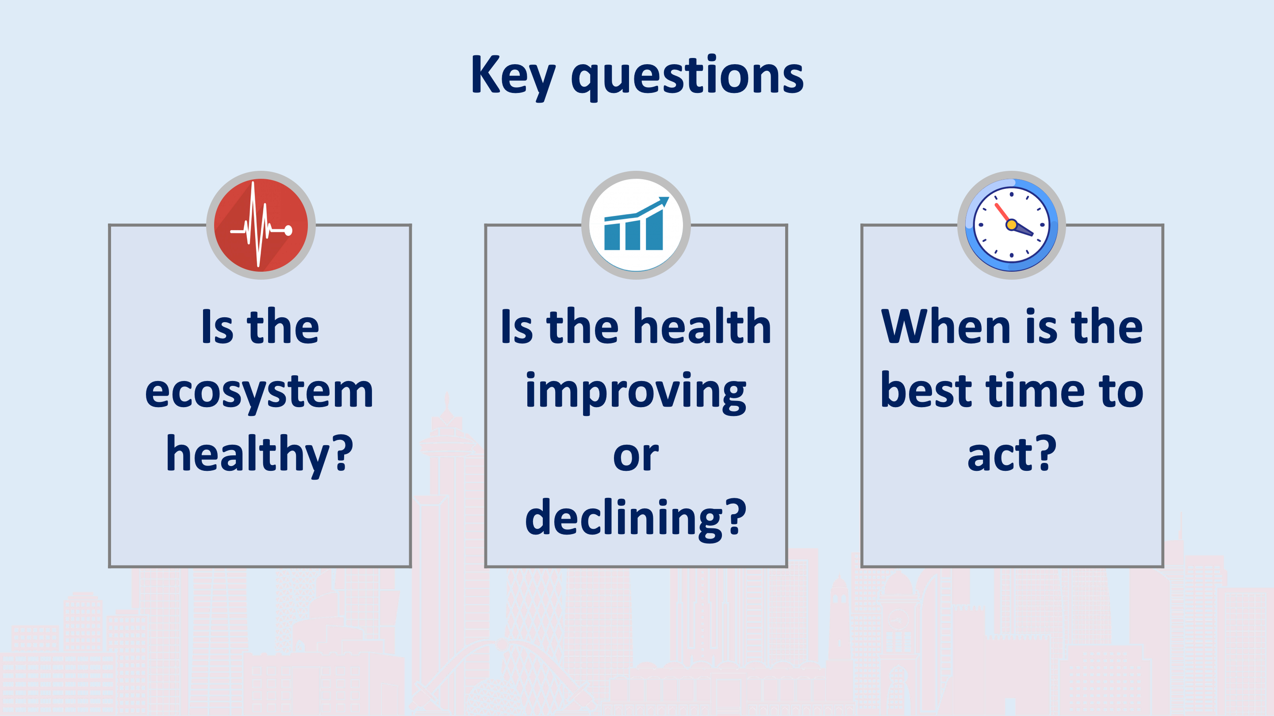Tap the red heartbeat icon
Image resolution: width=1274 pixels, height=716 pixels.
coord(261,225)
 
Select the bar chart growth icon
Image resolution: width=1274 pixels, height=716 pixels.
coord(636,225)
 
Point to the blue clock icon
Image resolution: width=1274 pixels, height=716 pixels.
coord(1011,225)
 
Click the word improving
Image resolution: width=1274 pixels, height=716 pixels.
coord(636,392)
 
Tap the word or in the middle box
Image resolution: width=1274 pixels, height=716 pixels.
coord(636,456)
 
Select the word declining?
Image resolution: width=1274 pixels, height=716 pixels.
coord(636,518)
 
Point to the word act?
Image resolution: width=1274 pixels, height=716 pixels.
coord(1011,454)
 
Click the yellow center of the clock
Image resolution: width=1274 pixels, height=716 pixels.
coord(1011,225)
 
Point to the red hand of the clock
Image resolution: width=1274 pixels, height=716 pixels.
coord(1002,213)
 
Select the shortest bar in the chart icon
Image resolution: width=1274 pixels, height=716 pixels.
coord(612,236)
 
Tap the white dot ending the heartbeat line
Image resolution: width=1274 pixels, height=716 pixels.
coord(288,230)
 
